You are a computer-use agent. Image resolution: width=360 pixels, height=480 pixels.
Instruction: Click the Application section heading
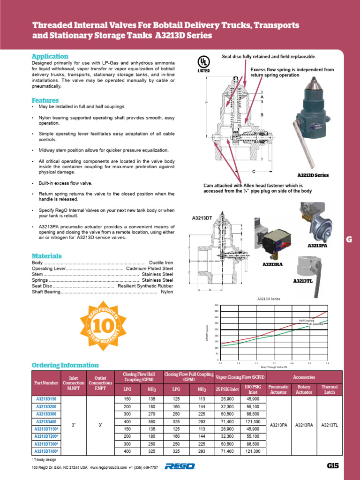(x=50, y=56)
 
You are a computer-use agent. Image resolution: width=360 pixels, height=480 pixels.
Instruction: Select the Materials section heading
(x=46, y=256)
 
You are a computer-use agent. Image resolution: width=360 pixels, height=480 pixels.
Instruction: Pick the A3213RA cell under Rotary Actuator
(x=304, y=425)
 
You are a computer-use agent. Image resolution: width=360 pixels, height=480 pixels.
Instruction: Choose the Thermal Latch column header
(x=330, y=390)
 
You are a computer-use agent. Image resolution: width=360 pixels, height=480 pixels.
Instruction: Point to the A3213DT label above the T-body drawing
(x=202, y=218)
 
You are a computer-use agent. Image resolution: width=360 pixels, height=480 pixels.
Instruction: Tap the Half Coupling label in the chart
(x=306, y=321)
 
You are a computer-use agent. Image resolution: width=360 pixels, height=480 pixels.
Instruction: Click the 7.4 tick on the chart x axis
(x=327, y=363)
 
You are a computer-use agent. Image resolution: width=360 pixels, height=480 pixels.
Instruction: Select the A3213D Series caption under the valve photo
(x=313, y=175)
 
